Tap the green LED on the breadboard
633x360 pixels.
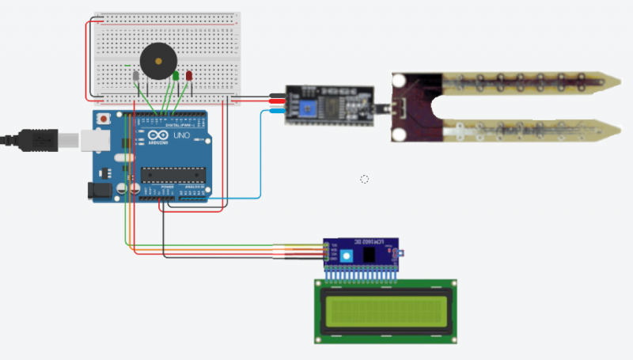coord(174,76)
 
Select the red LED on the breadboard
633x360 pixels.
coord(189,76)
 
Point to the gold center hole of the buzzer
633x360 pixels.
coord(159,59)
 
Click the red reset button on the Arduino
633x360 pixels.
coord(104,119)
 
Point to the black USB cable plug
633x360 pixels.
coord(35,139)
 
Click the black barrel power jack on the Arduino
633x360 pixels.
coord(100,191)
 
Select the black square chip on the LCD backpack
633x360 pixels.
coord(369,256)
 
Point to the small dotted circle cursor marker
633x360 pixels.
coord(365,179)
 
